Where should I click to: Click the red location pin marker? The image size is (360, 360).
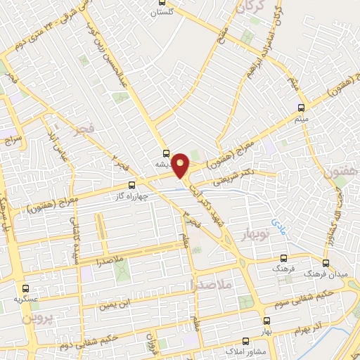coord(181,165)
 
